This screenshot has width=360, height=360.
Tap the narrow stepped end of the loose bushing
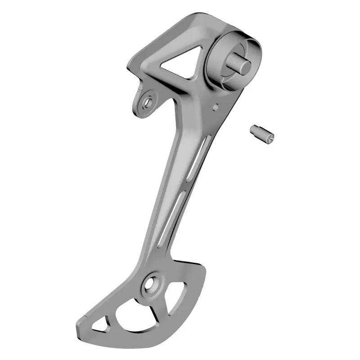click(253, 129)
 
